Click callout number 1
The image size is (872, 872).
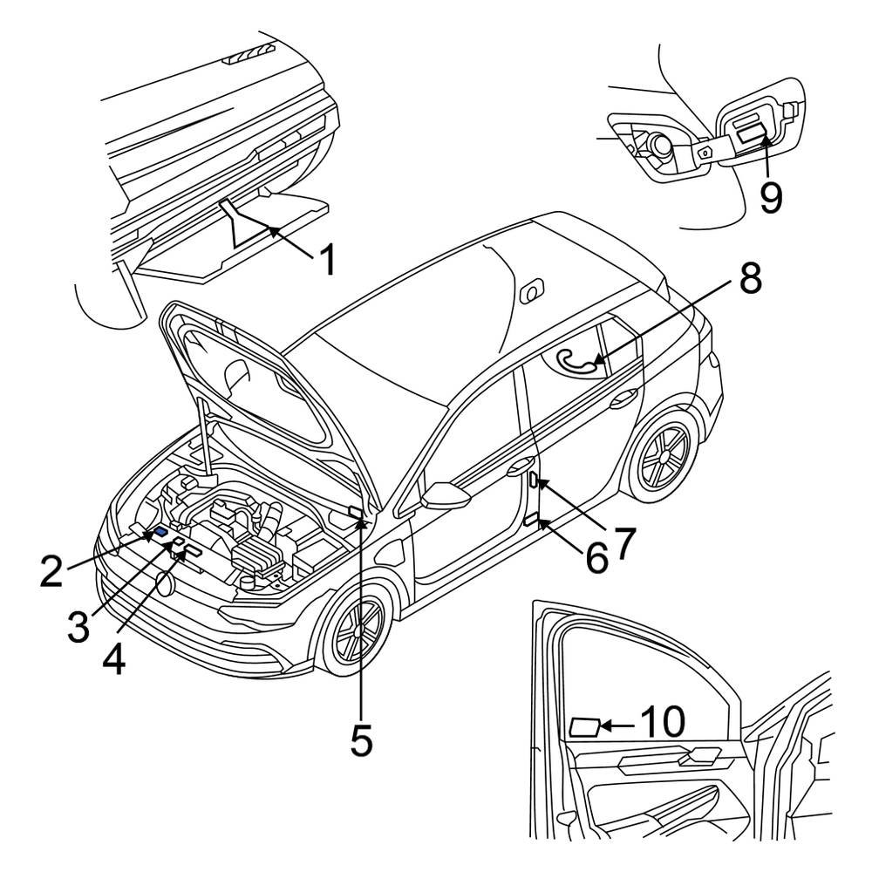[x=327, y=259]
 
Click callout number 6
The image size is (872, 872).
[x=596, y=558]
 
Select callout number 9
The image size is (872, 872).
[x=769, y=195]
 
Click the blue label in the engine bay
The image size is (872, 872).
[x=161, y=533]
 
